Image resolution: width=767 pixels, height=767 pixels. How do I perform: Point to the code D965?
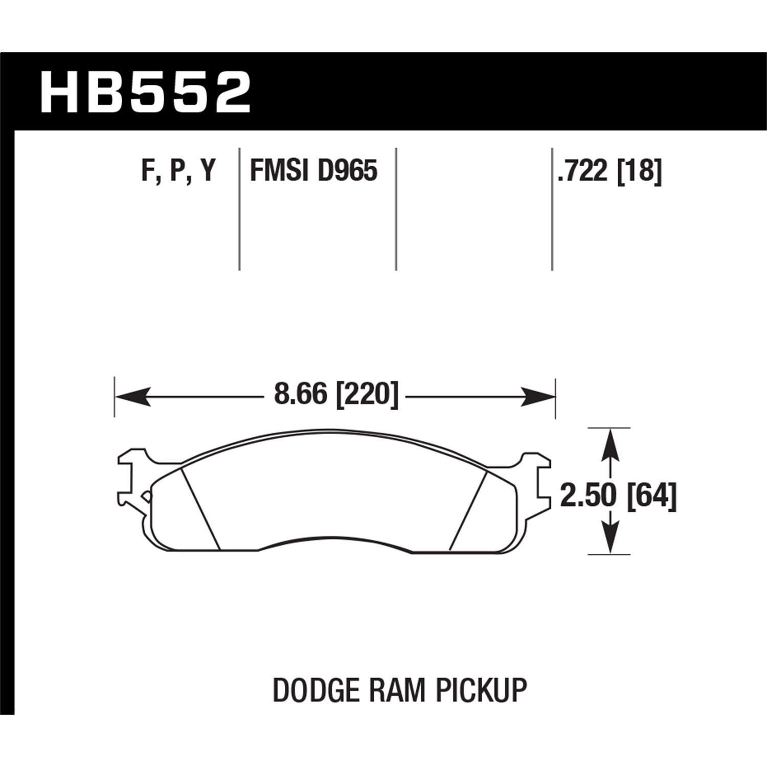[x=347, y=171]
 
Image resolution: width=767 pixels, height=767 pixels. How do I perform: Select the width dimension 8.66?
[x=300, y=395]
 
